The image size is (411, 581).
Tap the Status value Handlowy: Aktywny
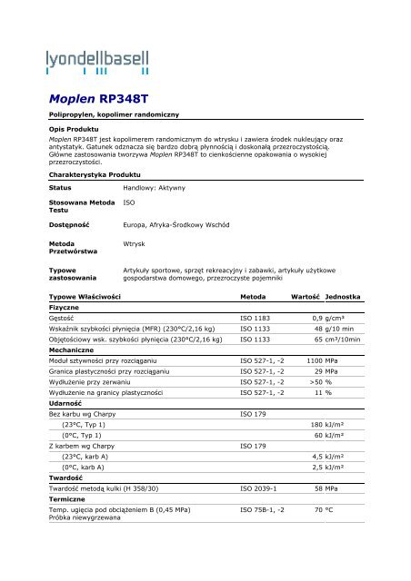(x=154, y=187)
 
